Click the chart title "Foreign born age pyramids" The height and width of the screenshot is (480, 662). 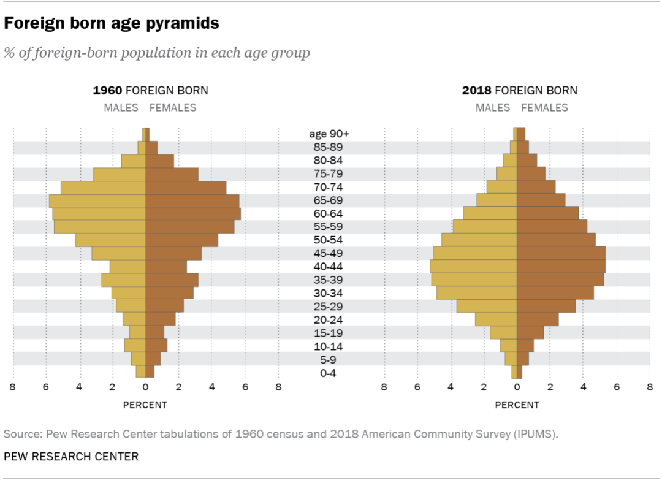coord(112,24)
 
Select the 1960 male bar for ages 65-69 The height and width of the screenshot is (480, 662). coord(97,200)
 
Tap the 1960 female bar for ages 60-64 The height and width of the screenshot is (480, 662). coord(193,214)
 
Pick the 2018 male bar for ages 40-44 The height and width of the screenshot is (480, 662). coord(473,267)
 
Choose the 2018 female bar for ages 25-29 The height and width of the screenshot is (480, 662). coord(546,307)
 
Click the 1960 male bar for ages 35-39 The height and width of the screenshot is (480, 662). coord(124,280)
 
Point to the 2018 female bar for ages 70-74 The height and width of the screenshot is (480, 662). coord(536,187)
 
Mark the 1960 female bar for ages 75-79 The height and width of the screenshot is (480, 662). coord(172,174)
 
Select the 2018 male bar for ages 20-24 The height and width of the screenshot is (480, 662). coord(496,320)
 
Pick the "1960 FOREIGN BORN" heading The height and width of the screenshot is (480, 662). coord(150,91)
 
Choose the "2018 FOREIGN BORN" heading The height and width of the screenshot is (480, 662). coord(520,91)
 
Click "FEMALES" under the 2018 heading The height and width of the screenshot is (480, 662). coord(544,108)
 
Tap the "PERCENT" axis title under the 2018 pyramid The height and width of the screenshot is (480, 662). coord(517,405)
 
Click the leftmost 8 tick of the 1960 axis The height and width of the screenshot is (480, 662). coord(12,387)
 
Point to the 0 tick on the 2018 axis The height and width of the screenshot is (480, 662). coord(517,387)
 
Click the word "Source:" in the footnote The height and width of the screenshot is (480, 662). coord(21,435)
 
